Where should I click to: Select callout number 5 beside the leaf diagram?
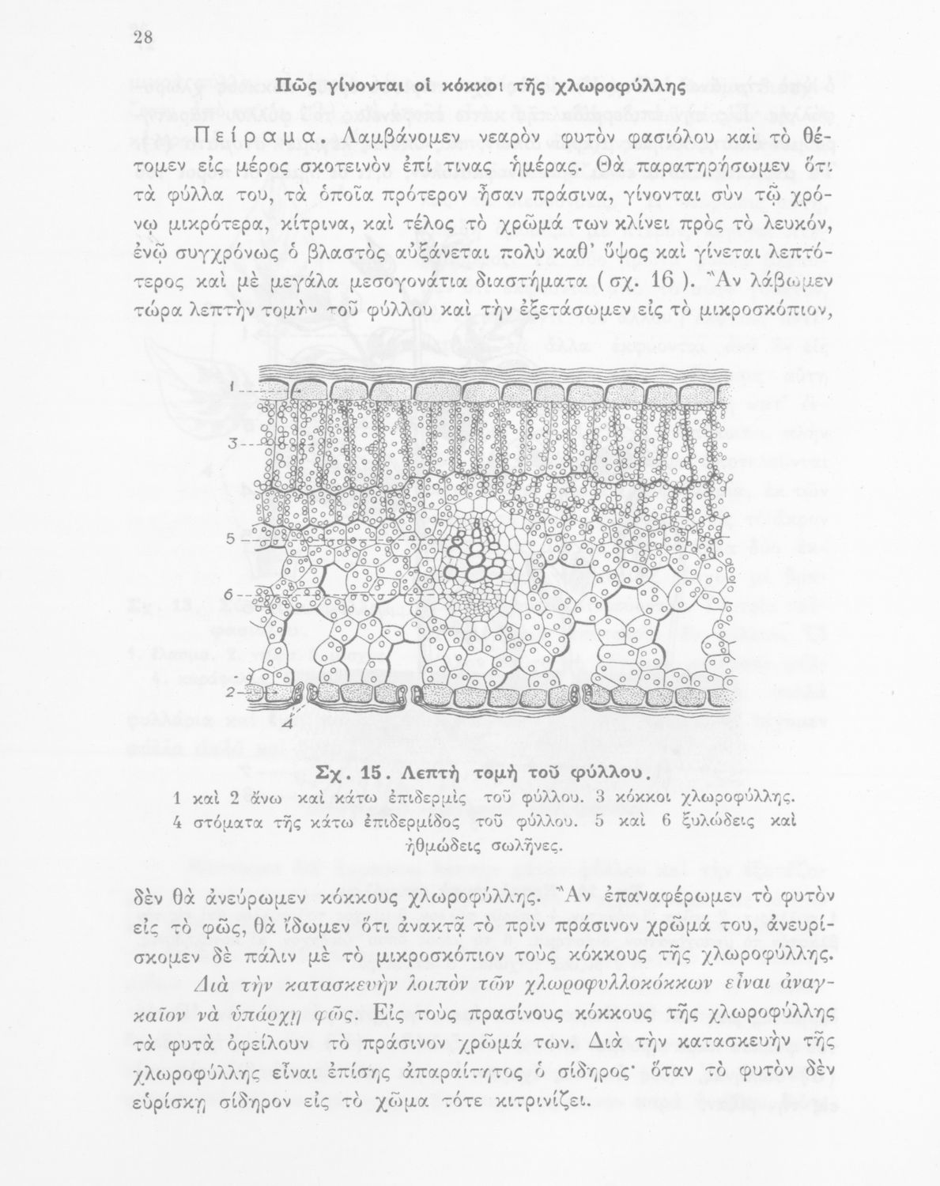point(231,540)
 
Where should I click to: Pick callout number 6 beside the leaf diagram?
point(229,594)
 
